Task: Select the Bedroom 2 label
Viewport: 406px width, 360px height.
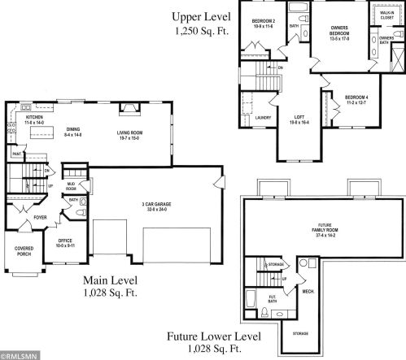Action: (x=263, y=20)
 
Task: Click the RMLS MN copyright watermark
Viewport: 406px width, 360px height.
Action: (x=17, y=355)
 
